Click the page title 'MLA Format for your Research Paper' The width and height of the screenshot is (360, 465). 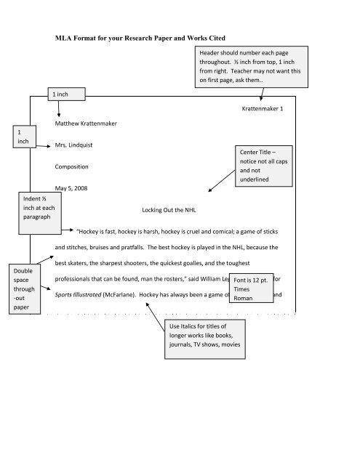pyautogui.click(x=113, y=39)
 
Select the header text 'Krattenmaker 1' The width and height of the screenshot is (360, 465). pyautogui.click(x=263, y=108)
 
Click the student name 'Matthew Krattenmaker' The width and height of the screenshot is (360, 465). pyautogui.click(x=86, y=124)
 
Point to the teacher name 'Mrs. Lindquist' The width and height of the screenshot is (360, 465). pyautogui.click(x=73, y=145)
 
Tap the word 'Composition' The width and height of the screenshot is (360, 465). pyautogui.click(x=71, y=166)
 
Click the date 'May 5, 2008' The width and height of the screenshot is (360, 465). pyautogui.click(x=71, y=188)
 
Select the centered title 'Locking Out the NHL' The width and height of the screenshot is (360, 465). pyautogui.click(x=169, y=210)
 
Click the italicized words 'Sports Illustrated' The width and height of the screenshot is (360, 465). pyautogui.click(x=78, y=295)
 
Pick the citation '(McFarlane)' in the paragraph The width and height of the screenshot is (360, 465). pyautogui.click(x=119, y=295)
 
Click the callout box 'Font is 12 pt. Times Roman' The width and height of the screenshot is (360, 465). pyautogui.click(x=251, y=288)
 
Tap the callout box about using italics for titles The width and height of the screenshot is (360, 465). pyautogui.click(x=205, y=339)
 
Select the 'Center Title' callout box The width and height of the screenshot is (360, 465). pyautogui.click(x=264, y=166)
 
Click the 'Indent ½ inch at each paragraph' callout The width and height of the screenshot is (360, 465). pyautogui.click(x=40, y=213)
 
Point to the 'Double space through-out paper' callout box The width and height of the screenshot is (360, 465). pyautogui.click(x=25, y=289)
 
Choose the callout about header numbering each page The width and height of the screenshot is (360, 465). pyautogui.click(x=252, y=67)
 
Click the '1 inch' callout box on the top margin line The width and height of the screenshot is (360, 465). pyautogui.click(x=66, y=94)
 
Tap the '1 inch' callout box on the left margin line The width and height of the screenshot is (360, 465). pyautogui.click(x=24, y=137)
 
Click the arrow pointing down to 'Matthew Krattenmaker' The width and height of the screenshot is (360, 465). pyautogui.click(x=59, y=108)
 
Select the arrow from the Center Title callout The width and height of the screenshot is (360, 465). pyautogui.click(x=221, y=181)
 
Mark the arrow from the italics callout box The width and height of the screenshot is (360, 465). pyautogui.click(x=155, y=317)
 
